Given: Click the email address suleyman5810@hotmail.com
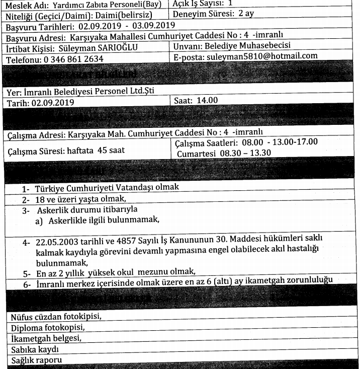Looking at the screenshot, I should (x=262, y=56).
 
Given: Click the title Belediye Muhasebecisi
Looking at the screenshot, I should (x=250, y=46).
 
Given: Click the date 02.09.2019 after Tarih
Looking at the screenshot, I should (x=52, y=103).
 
